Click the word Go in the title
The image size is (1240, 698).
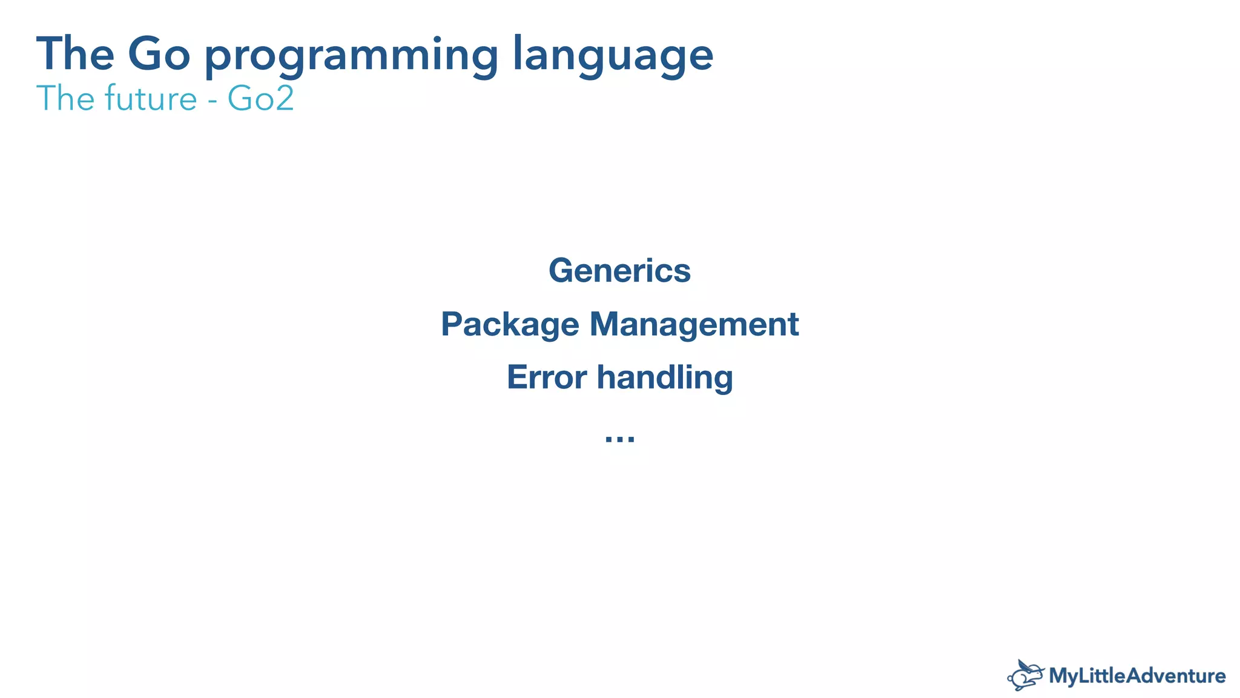click(159, 55)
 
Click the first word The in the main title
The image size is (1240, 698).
click(75, 55)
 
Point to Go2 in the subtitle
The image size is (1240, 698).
click(261, 99)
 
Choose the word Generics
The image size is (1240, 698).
click(619, 270)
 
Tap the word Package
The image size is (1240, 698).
click(510, 325)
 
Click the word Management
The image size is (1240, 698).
click(694, 324)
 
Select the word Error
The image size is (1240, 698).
click(547, 377)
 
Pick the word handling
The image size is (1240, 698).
click(665, 377)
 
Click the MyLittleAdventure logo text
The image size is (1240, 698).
click(1137, 676)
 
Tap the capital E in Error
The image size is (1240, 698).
click(518, 377)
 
